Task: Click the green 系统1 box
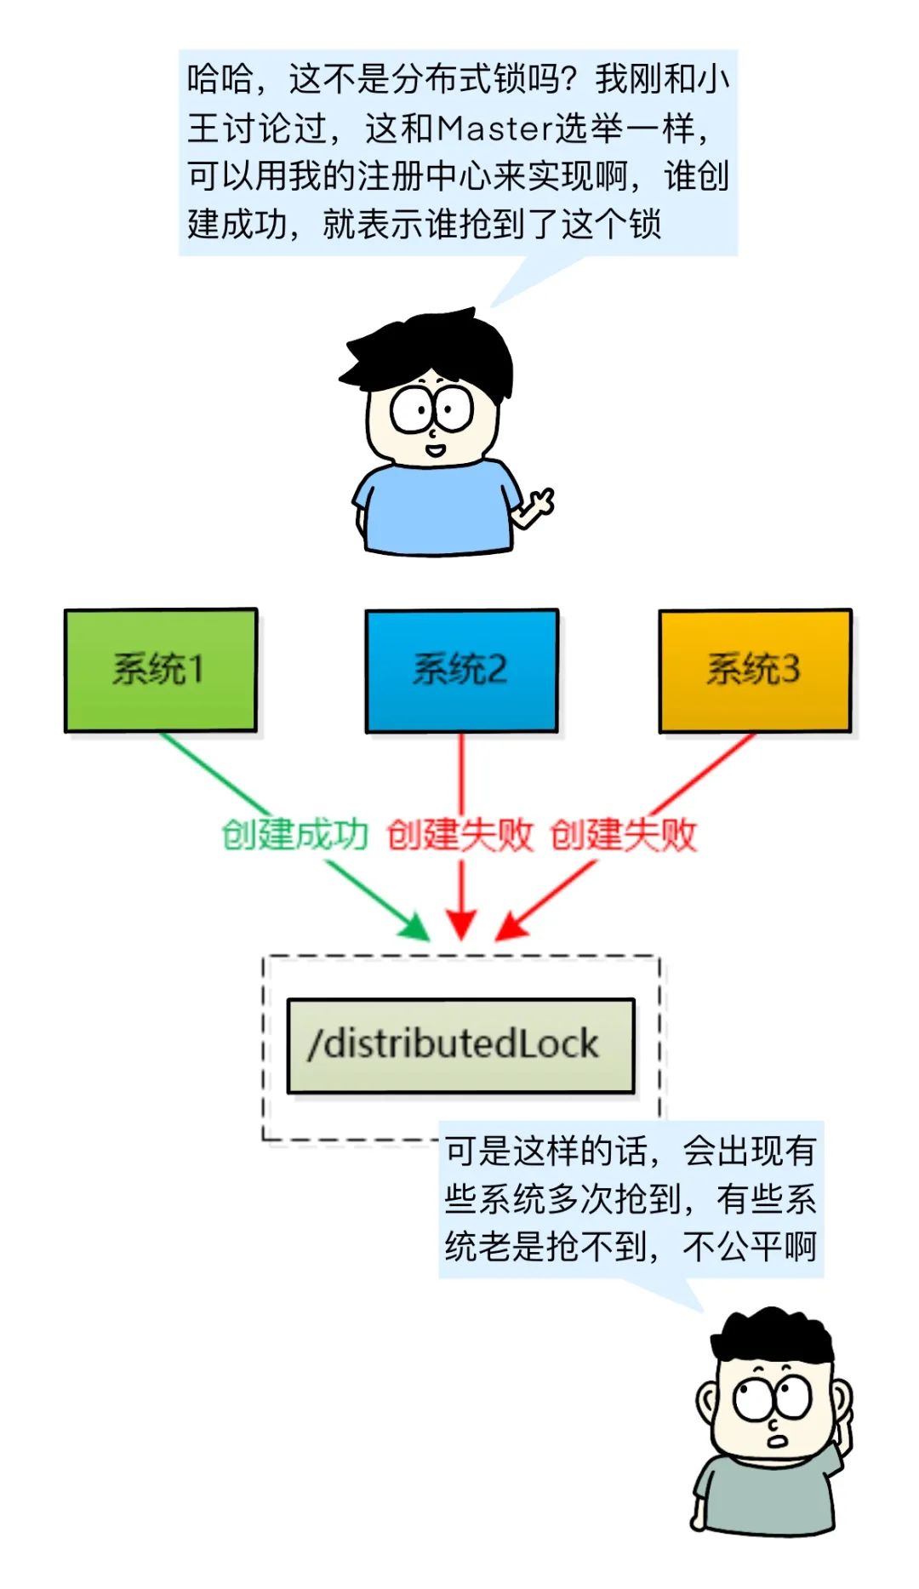(160, 670)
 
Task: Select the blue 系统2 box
(461, 670)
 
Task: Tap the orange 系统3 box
(755, 670)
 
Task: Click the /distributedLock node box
(460, 1045)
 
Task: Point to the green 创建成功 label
(294, 835)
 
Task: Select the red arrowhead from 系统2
(461, 924)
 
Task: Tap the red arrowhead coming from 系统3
(511, 927)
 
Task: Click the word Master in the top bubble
(495, 129)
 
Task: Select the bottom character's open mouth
(776, 1442)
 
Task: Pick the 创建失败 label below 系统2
(459, 835)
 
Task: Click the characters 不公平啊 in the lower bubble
(749, 1247)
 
